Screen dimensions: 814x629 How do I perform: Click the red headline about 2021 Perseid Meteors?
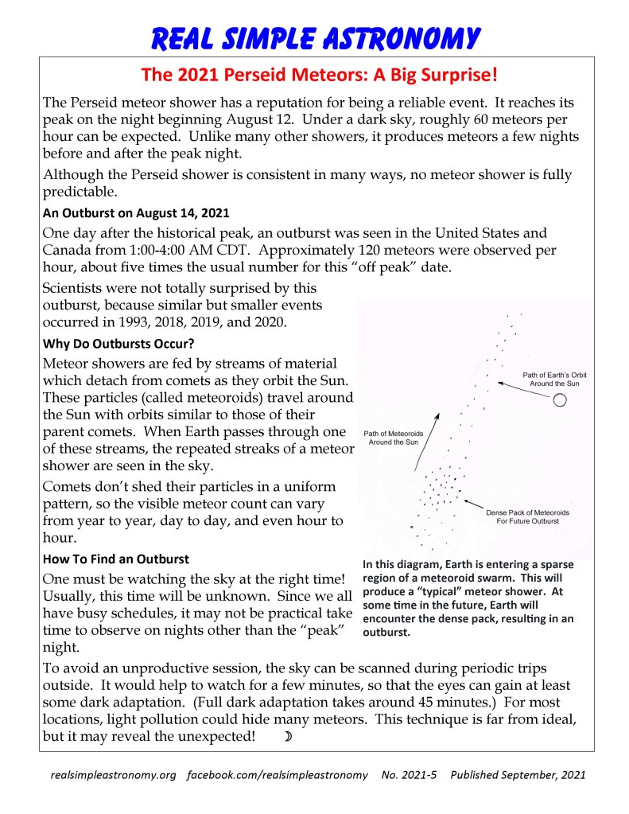click(320, 76)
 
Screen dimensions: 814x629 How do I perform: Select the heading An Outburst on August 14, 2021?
click(136, 212)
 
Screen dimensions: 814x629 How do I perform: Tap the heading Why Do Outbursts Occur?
click(118, 345)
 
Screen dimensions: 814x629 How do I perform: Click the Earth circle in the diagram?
click(560, 400)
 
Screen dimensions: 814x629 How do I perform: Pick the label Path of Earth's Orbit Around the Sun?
click(554, 379)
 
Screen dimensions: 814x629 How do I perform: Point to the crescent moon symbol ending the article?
click(288, 737)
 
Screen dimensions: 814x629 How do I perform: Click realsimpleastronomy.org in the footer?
click(113, 775)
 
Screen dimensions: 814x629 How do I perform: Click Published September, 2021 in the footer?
click(518, 775)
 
